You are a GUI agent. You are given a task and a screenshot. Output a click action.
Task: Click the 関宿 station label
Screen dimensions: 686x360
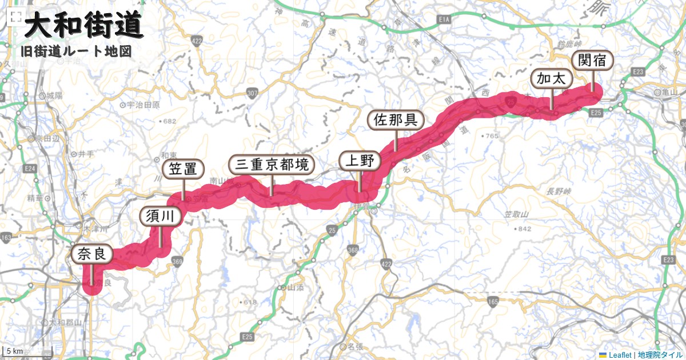click(592, 61)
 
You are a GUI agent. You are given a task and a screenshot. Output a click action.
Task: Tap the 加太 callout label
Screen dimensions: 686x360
click(552, 78)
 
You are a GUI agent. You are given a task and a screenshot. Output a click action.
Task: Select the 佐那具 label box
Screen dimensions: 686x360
click(395, 120)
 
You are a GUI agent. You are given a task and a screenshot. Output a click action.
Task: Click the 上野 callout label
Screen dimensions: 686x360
click(359, 161)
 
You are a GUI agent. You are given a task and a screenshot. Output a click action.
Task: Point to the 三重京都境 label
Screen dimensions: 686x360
click(272, 165)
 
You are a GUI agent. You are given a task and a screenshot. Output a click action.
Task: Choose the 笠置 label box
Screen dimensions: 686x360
click(183, 169)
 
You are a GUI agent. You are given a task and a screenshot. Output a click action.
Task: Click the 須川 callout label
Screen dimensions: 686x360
click(160, 215)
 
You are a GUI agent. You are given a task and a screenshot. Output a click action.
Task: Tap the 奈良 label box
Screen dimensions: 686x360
click(91, 254)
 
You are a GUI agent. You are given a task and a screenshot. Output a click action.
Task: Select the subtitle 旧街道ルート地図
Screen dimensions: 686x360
click(76, 51)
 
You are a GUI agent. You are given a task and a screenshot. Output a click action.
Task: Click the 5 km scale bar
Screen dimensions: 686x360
click(14, 351)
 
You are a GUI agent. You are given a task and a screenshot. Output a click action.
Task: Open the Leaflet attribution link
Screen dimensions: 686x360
click(619, 355)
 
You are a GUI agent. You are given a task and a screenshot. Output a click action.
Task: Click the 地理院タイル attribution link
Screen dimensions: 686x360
click(660, 355)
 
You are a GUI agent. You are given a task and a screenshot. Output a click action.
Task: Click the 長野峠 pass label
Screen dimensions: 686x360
click(559, 191)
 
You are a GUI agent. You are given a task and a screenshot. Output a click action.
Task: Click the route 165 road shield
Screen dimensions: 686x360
click(494, 301)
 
